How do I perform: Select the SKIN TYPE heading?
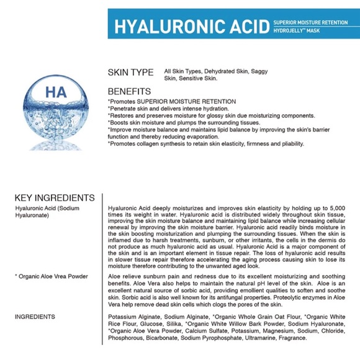click(132, 73)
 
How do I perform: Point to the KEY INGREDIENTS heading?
click(54, 198)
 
